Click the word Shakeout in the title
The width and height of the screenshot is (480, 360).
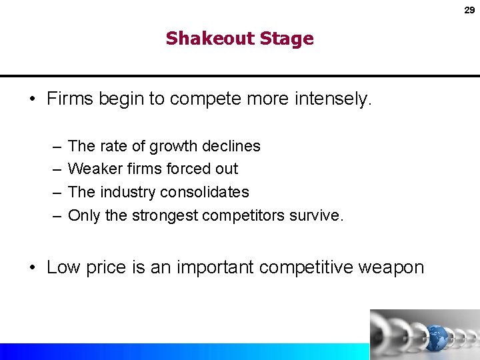205,39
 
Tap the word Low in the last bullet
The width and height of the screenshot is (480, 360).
63,267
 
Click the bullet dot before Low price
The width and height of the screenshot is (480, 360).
32,268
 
